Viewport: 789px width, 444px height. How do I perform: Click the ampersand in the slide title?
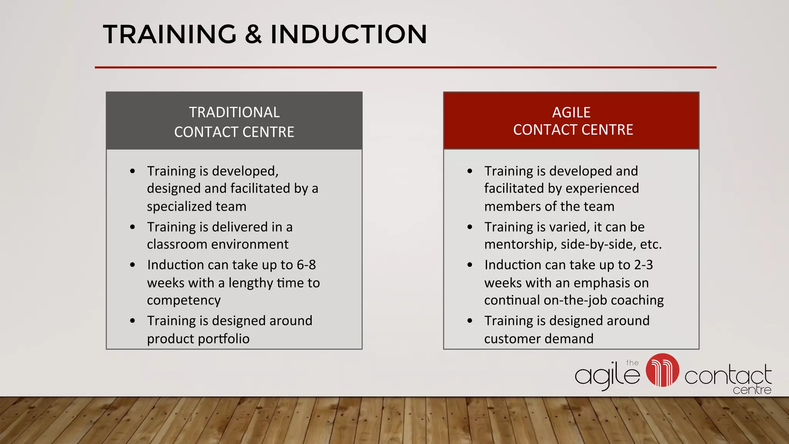[x=253, y=34]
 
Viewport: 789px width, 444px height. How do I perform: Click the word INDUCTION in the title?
[x=349, y=34]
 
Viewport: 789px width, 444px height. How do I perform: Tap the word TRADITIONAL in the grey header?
[x=234, y=113]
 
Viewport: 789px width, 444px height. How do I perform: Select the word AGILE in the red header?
[x=571, y=113]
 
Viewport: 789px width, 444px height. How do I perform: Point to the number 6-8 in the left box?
[x=306, y=265]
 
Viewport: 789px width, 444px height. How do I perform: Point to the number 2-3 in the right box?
[x=643, y=265]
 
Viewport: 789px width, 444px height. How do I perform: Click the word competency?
[x=184, y=300]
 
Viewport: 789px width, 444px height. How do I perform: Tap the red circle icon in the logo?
[x=662, y=370]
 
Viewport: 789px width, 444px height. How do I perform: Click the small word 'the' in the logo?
[x=632, y=363]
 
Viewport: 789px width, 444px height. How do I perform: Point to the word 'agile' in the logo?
[x=607, y=375]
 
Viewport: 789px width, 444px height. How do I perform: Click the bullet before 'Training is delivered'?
[x=133, y=227]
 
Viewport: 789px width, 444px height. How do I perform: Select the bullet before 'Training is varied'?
[x=470, y=227]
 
